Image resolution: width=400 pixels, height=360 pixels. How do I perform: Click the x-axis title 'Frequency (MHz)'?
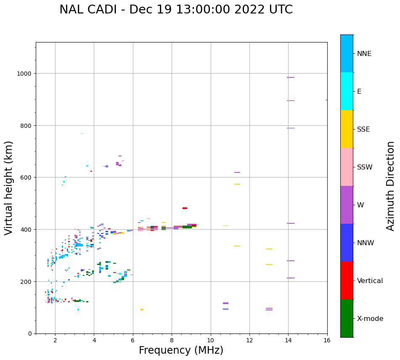[x=181, y=350]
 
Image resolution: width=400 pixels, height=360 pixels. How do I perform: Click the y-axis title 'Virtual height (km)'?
[x=9, y=188]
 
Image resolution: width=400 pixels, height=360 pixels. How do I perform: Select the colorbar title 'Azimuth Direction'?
[x=391, y=186]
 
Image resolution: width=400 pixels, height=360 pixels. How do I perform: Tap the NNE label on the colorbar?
[x=364, y=53]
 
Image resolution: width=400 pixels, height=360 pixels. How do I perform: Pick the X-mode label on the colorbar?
[x=370, y=318]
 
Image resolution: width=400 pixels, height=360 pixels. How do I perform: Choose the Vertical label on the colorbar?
[x=370, y=281]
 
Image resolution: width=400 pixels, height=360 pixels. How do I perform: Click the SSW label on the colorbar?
[x=365, y=167]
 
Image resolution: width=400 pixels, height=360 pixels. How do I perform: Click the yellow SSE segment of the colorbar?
[x=347, y=129]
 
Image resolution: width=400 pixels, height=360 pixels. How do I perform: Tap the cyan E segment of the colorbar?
[x=347, y=91]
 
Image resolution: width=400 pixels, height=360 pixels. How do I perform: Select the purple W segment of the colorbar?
[x=347, y=205]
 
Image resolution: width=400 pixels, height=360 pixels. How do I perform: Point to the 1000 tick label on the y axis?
[x=24, y=74]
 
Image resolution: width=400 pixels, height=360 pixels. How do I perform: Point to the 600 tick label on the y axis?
[x=26, y=177]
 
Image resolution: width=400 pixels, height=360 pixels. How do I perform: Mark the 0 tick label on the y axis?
[x=30, y=334]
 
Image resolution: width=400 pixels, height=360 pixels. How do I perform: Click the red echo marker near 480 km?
[x=185, y=208]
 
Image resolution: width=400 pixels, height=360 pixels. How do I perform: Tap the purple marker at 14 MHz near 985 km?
[x=290, y=77]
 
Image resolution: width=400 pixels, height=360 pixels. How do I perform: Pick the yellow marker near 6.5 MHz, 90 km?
[x=142, y=310]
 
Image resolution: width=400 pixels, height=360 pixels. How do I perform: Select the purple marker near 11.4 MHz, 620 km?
[x=237, y=172]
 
